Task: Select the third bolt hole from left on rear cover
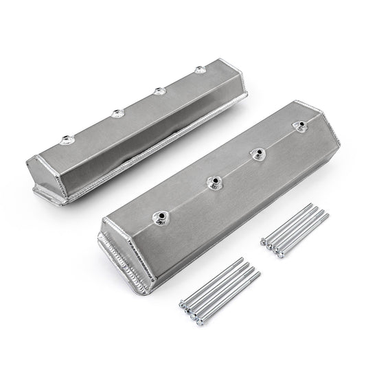[x=160, y=89]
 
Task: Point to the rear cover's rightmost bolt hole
[x=200, y=69]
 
